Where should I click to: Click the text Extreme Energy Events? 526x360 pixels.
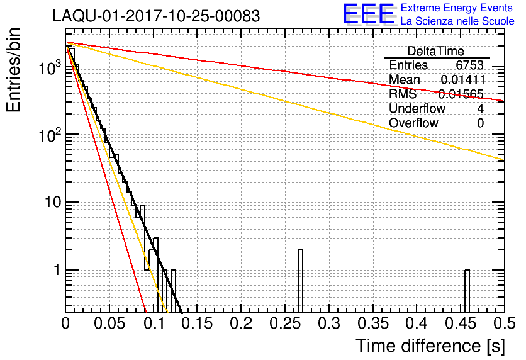(x=457, y=8)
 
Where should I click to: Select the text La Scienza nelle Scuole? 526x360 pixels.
(x=457, y=21)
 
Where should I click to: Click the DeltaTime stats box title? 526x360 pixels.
(x=435, y=51)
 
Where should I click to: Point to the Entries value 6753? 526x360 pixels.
(x=469, y=65)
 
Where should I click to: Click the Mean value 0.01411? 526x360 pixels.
(x=462, y=80)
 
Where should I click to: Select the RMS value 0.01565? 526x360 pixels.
(x=461, y=94)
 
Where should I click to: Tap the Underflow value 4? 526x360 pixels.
(x=480, y=109)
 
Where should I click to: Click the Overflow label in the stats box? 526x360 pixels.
(x=413, y=123)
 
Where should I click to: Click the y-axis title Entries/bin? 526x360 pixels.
(x=16, y=71)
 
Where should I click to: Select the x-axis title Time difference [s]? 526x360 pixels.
(x=429, y=346)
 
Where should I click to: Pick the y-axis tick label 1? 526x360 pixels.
(x=55, y=271)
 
